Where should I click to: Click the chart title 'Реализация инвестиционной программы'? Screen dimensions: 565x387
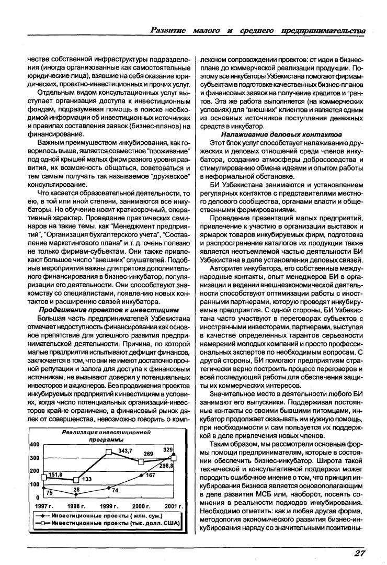coord(106,436)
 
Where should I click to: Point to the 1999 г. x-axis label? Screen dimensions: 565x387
coord(109,506)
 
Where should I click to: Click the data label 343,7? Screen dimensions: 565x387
coord(125,450)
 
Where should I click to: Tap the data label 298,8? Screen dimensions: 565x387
coord(167,466)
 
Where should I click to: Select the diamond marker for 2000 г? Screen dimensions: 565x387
coord(141,475)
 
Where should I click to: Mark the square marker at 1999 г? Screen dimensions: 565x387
coord(109,451)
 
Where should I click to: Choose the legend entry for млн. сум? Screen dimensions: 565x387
coord(105,515)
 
